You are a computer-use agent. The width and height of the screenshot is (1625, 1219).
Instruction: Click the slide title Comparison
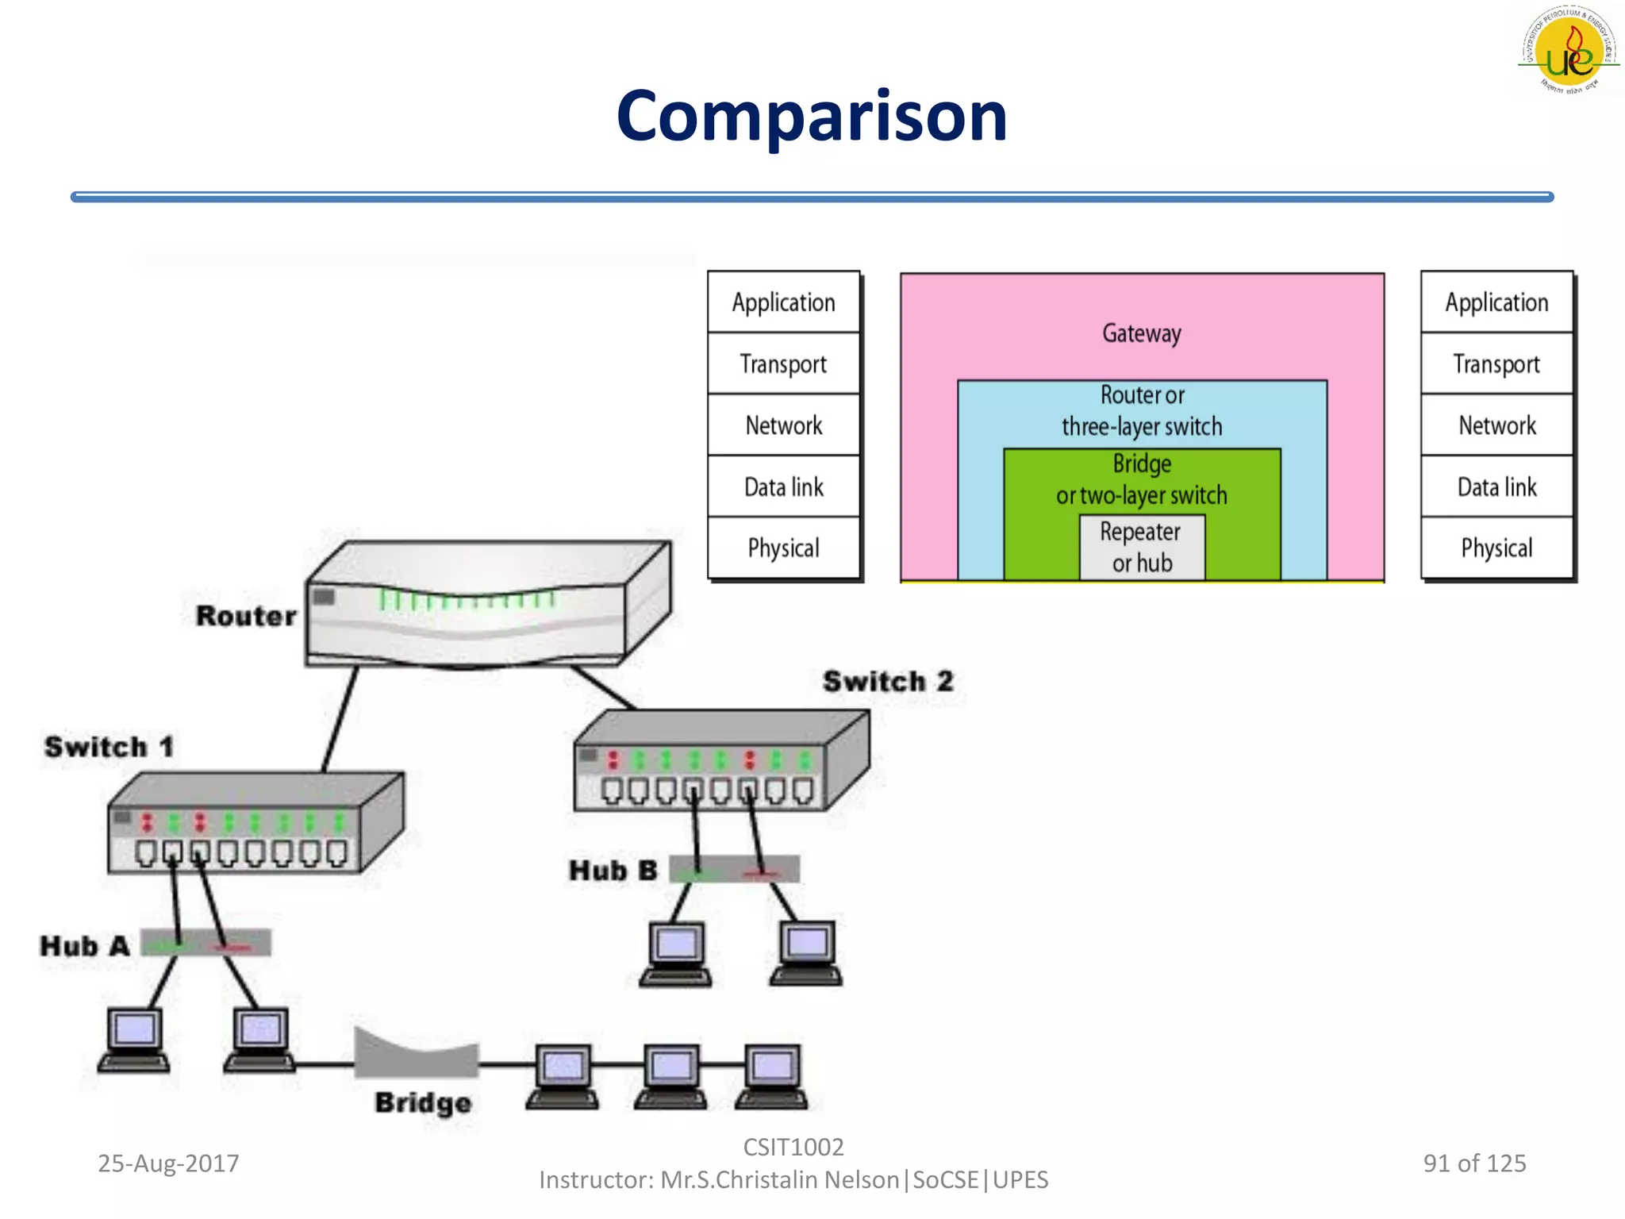point(811,117)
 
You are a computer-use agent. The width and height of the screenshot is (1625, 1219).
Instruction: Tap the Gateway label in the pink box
point(1141,333)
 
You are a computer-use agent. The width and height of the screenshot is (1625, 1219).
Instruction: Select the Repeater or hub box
point(1141,548)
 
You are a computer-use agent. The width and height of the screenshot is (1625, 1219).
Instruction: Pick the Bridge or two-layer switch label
point(1141,479)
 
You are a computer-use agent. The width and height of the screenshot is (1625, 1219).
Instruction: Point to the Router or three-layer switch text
point(1141,411)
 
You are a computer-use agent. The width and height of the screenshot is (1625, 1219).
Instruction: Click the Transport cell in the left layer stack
point(783,364)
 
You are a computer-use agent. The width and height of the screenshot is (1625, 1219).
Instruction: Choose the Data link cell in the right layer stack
point(1496,486)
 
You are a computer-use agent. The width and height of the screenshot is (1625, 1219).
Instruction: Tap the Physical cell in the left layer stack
point(783,548)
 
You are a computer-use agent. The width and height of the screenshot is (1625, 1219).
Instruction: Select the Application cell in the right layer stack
point(1496,302)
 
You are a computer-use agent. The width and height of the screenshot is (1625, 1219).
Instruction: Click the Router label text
point(246,616)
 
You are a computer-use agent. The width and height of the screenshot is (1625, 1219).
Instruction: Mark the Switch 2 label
point(887,682)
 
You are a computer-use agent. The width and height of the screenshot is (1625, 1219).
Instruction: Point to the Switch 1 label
point(109,747)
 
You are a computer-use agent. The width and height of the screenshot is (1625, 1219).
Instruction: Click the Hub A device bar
point(206,943)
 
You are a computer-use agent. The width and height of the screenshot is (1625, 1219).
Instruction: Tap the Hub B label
point(613,871)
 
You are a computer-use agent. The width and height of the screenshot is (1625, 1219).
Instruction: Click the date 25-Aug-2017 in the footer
point(168,1163)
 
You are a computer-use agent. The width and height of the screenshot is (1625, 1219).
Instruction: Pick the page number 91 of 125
point(1474,1163)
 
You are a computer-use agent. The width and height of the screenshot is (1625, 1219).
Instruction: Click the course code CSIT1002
point(793,1147)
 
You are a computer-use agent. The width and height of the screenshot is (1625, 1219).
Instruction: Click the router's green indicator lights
point(467,600)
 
